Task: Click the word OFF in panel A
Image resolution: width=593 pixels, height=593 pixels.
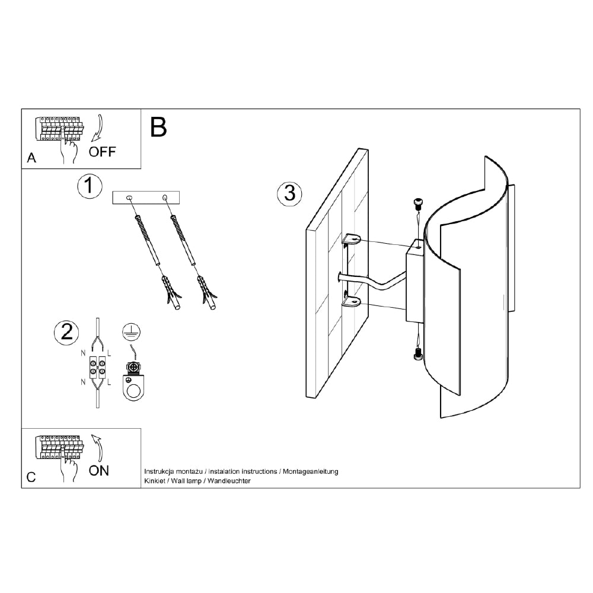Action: point(102,152)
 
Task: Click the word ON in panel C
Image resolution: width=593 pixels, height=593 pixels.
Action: point(98,471)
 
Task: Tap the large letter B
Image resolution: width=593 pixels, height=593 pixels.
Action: point(158,127)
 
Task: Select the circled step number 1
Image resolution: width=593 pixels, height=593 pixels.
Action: point(90,186)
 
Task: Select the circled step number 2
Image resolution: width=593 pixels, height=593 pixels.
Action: point(67,333)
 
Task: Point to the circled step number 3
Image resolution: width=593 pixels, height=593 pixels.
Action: point(290,193)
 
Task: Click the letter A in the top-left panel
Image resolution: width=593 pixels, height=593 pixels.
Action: point(31,158)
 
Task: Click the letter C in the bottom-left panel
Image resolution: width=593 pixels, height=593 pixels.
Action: point(31,477)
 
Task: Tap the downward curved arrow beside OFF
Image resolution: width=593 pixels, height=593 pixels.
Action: point(100,128)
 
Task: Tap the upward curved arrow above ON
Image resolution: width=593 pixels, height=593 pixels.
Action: point(99,448)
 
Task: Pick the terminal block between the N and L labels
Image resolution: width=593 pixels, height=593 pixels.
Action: point(98,367)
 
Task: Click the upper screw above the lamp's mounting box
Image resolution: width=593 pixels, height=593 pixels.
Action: point(418,203)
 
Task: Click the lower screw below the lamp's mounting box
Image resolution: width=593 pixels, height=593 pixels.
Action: point(418,355)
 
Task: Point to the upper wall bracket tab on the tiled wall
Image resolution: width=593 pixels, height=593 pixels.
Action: point(351,240)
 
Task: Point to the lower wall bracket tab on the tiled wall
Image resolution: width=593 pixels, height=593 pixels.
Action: point(351,301)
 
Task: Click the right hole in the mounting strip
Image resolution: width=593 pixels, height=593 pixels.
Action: point(165,197)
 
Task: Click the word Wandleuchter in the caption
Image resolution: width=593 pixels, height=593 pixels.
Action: point(229,481)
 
